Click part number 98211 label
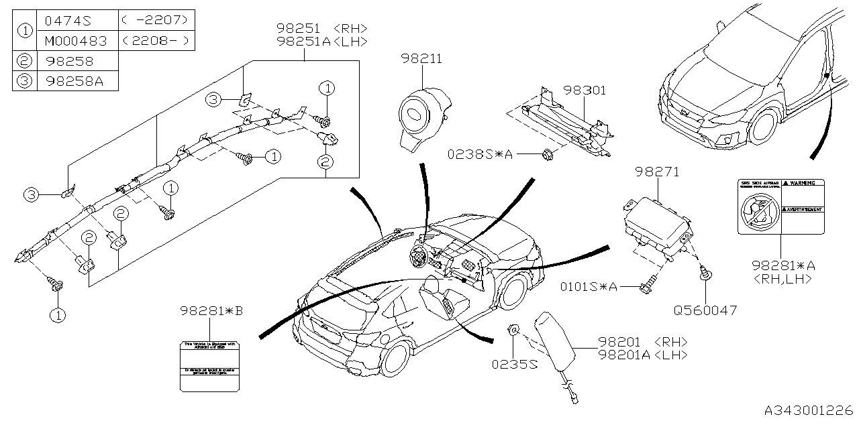(x=421, y=60)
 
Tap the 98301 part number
(x=585, y=90)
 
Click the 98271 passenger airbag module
(x=654, y=225)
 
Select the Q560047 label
(x=705, y=310)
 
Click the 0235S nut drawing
(x=512, y=330)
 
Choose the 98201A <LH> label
(x=644, y=355)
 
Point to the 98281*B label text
(x=211, y=310)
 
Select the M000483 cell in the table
(x=75, y=41)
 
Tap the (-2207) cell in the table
(x=156, y=20)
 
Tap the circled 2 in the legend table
(x=25, y=61)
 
